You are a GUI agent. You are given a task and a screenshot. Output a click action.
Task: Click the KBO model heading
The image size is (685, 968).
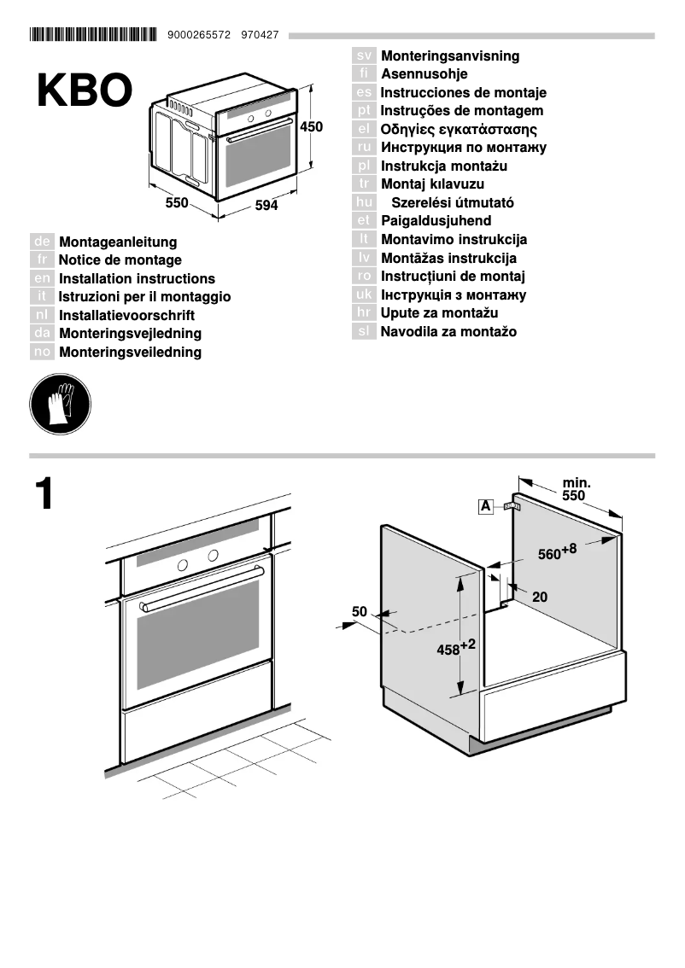85,91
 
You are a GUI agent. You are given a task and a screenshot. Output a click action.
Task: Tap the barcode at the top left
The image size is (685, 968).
93,35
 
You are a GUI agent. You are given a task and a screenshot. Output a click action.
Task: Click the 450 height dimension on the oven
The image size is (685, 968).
312,127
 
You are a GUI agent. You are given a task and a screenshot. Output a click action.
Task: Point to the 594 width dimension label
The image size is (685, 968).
266,206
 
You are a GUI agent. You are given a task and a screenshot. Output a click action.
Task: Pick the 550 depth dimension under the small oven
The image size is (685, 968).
176,203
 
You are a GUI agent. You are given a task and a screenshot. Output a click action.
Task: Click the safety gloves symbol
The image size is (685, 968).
60,403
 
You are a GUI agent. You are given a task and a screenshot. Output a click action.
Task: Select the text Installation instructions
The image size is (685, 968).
137,279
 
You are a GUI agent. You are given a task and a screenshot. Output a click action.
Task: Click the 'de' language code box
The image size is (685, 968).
43,242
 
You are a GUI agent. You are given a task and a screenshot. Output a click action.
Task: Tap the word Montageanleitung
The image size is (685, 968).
118,242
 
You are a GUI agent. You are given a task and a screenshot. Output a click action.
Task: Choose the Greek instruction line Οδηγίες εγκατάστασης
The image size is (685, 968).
459,130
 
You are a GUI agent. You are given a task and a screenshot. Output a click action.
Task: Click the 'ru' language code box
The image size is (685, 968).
364,148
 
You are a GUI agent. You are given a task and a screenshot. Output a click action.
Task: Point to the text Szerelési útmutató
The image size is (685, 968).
452,203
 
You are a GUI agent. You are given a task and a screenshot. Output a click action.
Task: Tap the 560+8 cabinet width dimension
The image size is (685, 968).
557,552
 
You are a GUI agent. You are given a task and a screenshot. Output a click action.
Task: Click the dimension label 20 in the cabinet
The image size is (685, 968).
540,598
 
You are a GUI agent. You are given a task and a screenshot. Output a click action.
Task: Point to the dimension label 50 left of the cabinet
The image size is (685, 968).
359,611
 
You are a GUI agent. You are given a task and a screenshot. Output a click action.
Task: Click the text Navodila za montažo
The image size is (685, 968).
448,332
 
